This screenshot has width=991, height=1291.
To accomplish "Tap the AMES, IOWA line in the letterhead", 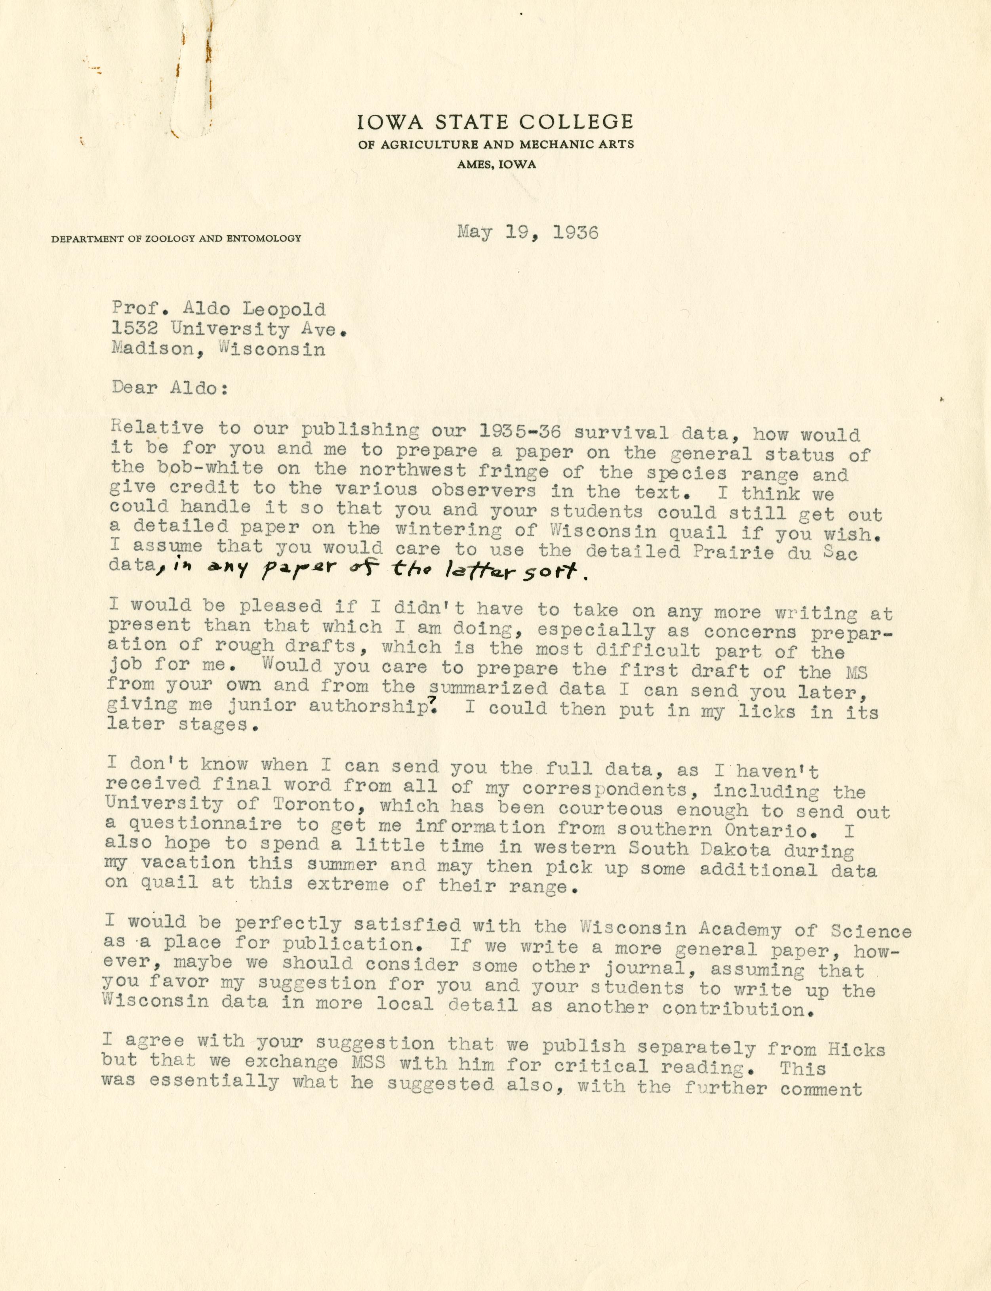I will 496,165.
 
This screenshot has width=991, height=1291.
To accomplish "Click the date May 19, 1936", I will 527,233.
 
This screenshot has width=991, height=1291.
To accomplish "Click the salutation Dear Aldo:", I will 168,388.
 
